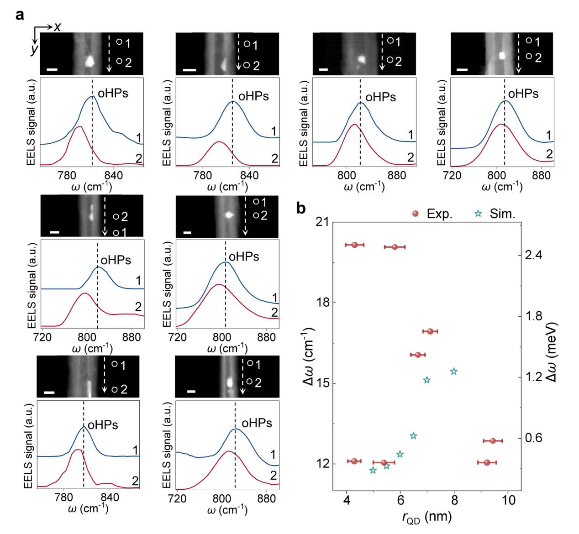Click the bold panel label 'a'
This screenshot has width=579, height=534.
point(20,15)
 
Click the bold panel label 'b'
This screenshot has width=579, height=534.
point(301,209)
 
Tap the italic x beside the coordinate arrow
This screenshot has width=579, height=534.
point(57,27)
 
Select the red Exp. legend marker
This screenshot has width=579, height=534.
point(416,214)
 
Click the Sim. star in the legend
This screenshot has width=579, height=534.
point(478,214)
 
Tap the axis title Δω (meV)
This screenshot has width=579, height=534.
point(550,353)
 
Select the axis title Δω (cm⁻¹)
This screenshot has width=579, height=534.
point(309,356)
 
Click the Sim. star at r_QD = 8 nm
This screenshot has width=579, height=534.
point(453,372)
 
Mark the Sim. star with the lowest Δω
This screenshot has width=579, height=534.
point(373,470)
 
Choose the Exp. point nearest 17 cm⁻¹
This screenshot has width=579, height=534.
point(430,331)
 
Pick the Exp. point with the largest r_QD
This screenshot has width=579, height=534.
point(493,441)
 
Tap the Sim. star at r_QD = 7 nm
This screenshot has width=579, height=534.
point(427,380)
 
